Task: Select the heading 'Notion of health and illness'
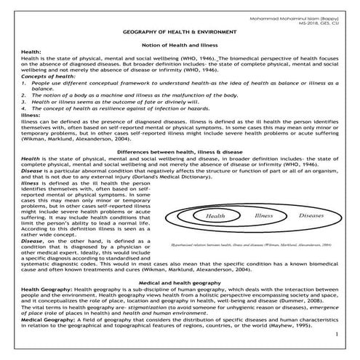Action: [x=180, y=47]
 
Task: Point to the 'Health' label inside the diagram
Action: [x=215, y=217]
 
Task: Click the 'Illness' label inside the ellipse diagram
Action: [x=263, y=216]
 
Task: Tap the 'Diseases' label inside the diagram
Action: [x=311, y=216]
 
